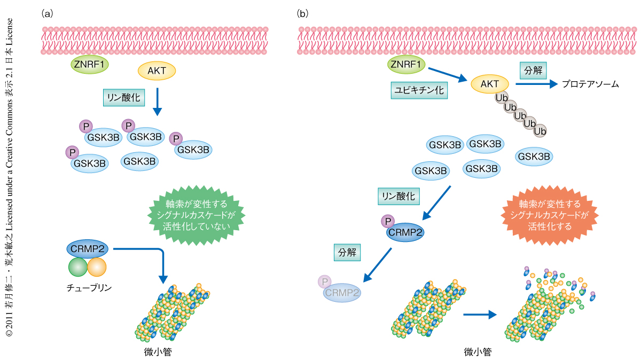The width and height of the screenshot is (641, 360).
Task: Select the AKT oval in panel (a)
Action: pos(157,71)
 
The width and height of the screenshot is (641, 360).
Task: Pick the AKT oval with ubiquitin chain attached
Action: pos(490,84)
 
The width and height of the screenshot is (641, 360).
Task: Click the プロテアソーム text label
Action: pos(590,84)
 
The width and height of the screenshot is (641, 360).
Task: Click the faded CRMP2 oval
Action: pos(341,293)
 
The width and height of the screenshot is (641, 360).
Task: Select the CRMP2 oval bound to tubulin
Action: pos(87,249)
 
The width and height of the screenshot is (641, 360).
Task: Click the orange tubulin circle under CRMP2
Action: pos(97,267)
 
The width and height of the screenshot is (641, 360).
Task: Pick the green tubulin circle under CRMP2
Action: pos(78,267)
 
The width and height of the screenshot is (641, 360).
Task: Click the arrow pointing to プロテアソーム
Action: pos(536,84)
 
